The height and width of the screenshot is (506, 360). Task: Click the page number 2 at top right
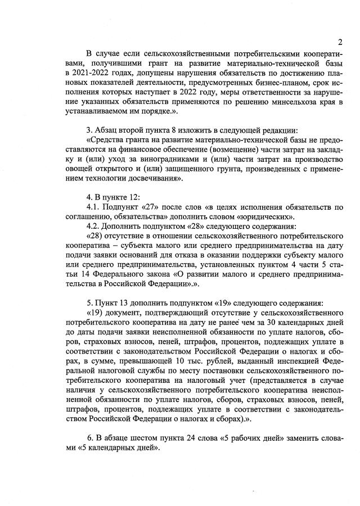click(x=341, y=42)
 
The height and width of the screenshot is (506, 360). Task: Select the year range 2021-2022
click(x=85, y=74)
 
